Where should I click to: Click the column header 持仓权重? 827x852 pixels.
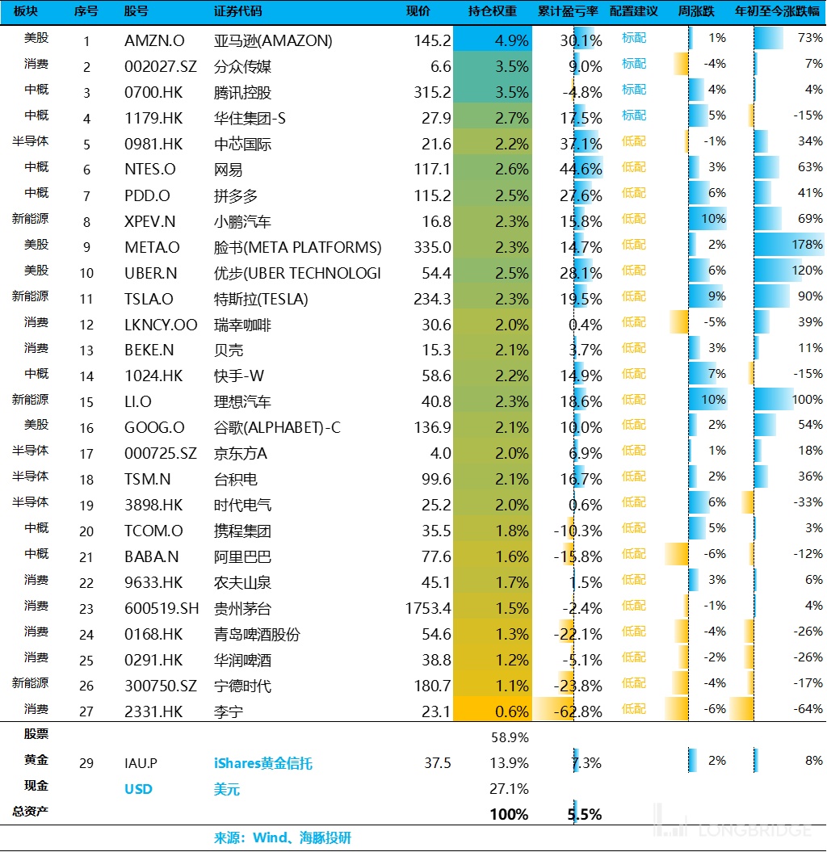tap(493, 11)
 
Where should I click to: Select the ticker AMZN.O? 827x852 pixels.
tap(154, 40)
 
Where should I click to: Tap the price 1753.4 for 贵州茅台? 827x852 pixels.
tap(428, 608)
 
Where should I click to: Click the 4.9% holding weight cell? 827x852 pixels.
tap(493, 40)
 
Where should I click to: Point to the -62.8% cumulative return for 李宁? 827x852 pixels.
tap(577, 711)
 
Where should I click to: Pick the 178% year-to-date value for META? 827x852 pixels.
tap(807, 245)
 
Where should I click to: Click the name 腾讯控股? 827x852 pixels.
tap(242, 92)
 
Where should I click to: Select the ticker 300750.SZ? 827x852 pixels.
tap(161, 686)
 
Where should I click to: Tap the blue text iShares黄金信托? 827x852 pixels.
tap(263, 763)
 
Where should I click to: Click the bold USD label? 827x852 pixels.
tap(139, 789)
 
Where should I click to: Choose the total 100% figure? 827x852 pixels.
tap(509, 815)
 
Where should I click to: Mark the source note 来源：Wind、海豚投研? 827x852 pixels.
tap(283, 838)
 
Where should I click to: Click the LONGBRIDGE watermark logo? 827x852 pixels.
tap(733, 821)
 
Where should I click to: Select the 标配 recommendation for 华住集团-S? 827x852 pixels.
tap(634, 115)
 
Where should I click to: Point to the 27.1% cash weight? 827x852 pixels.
tap(509, 789)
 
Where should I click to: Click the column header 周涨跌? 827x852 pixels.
tap(696, 11)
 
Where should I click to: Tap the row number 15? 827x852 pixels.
tap(86, 402)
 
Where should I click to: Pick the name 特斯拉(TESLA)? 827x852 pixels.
tap(261, 299)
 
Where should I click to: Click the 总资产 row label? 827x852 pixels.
tap(31, 812)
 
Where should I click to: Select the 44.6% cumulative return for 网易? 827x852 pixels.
tap(581, 170)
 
